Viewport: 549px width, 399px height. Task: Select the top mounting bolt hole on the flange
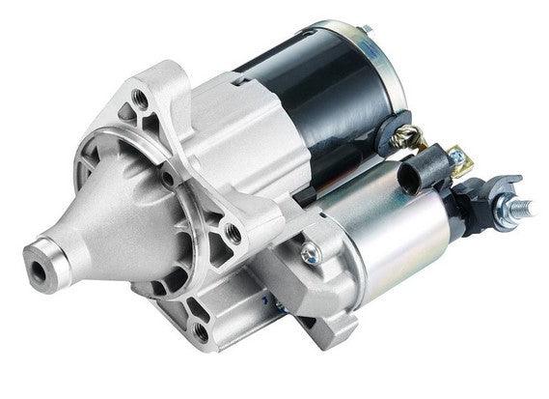(142, 98)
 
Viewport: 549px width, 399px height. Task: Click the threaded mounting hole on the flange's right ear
(233, 232)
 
